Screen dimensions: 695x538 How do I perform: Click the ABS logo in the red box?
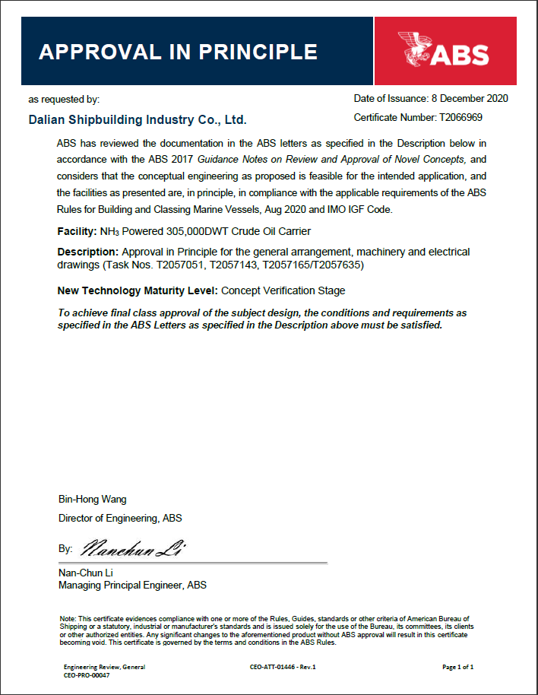445,51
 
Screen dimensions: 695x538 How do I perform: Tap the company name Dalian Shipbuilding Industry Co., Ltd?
138,120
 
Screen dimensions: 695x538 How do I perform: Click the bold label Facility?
77,231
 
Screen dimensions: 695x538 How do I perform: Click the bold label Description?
87,252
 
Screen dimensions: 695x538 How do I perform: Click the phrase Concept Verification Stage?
283,290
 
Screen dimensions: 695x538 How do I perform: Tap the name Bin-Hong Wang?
93,500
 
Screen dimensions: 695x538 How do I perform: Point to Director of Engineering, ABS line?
120,518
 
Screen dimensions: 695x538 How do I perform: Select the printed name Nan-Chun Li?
86,572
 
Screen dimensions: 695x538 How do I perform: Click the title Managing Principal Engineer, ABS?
132,585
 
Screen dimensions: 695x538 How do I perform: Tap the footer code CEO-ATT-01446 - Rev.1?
282,667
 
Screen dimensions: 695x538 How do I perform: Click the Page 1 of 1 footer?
458,667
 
